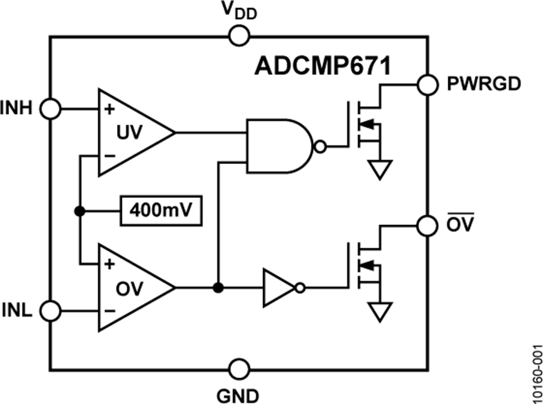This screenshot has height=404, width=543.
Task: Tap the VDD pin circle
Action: pyautogui.click(x=240, y=36)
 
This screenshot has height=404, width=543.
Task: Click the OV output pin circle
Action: pyautogui.click(x=428, y=224)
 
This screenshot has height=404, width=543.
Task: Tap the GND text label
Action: pyautogui.click(x=240, y=394)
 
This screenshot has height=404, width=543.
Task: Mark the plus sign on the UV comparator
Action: pyautogui.click(x=109, y=110)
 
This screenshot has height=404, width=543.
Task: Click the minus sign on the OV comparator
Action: pyautogui.click(x=109, y=311)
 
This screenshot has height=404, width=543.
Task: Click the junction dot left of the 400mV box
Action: pyautogui.click(x=78, y=210)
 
